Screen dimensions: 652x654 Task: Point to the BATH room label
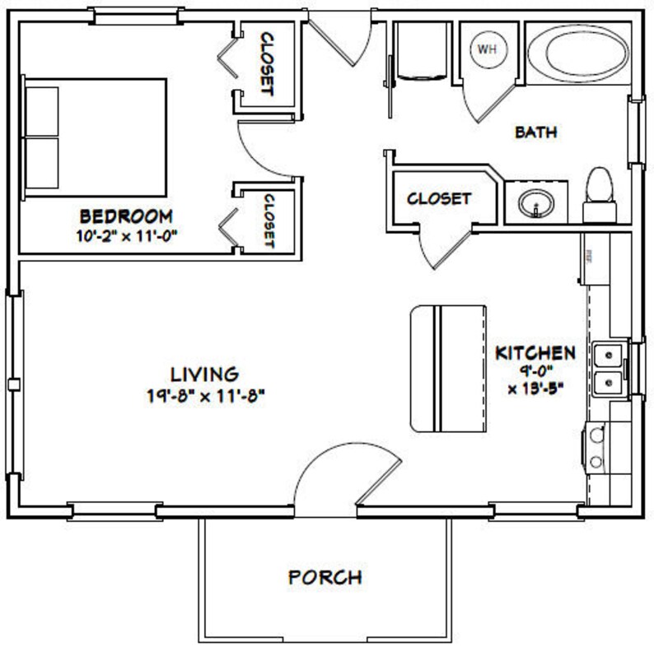tap(536, 132)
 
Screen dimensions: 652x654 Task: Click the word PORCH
tap(325, 577)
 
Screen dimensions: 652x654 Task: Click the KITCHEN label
tap(535, 353)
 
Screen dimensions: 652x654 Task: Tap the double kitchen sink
tap(608, 368)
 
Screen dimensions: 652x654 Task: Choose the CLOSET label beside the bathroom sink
tap(439, 198)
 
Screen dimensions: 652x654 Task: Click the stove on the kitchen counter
tap(597, 449)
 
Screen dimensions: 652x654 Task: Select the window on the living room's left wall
tap(12, 384)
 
